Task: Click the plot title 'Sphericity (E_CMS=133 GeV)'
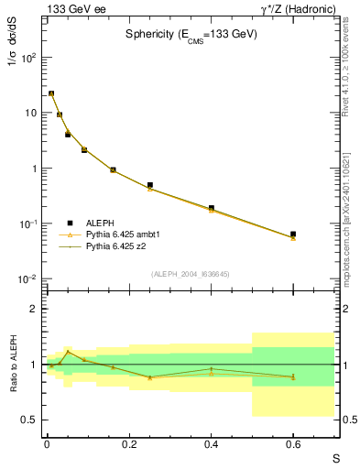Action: point(191,34)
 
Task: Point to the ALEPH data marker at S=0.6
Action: point(293,234)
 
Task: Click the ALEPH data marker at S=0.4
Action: point(211,208)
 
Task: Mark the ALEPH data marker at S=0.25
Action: point(149,185)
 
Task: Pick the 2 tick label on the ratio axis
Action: point(32,309)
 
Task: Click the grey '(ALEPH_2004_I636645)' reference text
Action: point(191,274)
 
